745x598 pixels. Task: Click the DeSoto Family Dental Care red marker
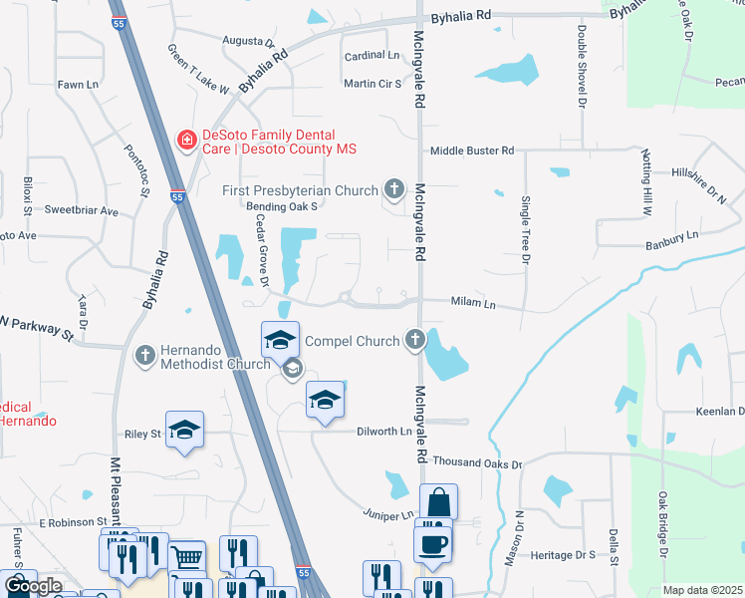(x=186, y=141)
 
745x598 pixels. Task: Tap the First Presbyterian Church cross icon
(x=394, y=189)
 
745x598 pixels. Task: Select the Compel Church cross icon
(x=414, y=340)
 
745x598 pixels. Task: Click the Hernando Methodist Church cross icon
(x=145, y=354)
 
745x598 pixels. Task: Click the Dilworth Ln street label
(x=384, y=432)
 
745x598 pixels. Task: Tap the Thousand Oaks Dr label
(x=477, y=464)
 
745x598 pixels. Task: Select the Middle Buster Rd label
(x=471, y=150)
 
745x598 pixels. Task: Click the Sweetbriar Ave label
(x=82, y=211)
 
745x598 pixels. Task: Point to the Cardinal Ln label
(x=372, y=56)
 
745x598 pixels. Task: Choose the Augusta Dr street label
(x=248, y=43)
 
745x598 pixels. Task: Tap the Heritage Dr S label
(x=563, y=554)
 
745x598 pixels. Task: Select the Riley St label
(x=142, y=435)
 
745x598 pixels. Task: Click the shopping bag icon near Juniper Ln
(x=438, y=502)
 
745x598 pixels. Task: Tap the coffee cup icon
(x=433, y=543)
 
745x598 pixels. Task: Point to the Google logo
(x=33, y=586)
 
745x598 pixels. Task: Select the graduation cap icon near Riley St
(x=184, y=430)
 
